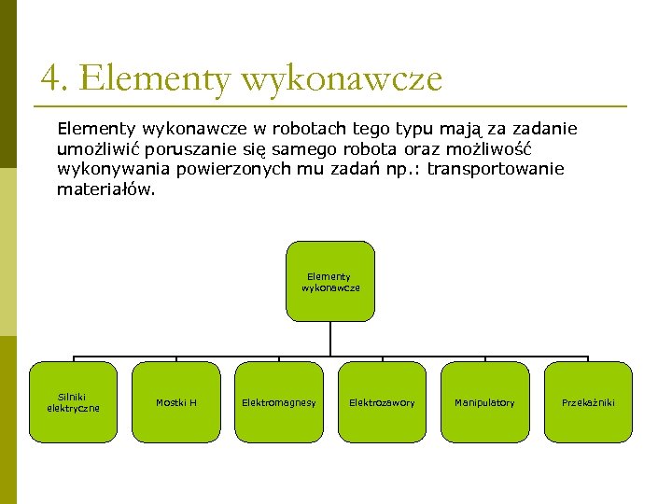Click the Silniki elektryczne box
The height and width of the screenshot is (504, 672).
point(74,401)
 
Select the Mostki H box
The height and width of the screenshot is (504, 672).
point(176,401)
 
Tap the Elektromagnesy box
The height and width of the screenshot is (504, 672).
point(279,401)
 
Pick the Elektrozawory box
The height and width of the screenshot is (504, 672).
point(382,401)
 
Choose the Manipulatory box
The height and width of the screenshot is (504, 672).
point(484,401)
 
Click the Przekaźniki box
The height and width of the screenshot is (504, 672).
point(588,401)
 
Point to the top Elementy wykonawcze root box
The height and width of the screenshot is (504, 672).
point(330,282)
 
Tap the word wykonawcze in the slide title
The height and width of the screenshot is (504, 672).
point(341,78)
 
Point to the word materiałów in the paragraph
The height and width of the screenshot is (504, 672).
point(106,189)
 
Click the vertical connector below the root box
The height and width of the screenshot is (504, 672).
point(330,340)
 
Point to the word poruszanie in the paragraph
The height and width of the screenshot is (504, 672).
point(194,148)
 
